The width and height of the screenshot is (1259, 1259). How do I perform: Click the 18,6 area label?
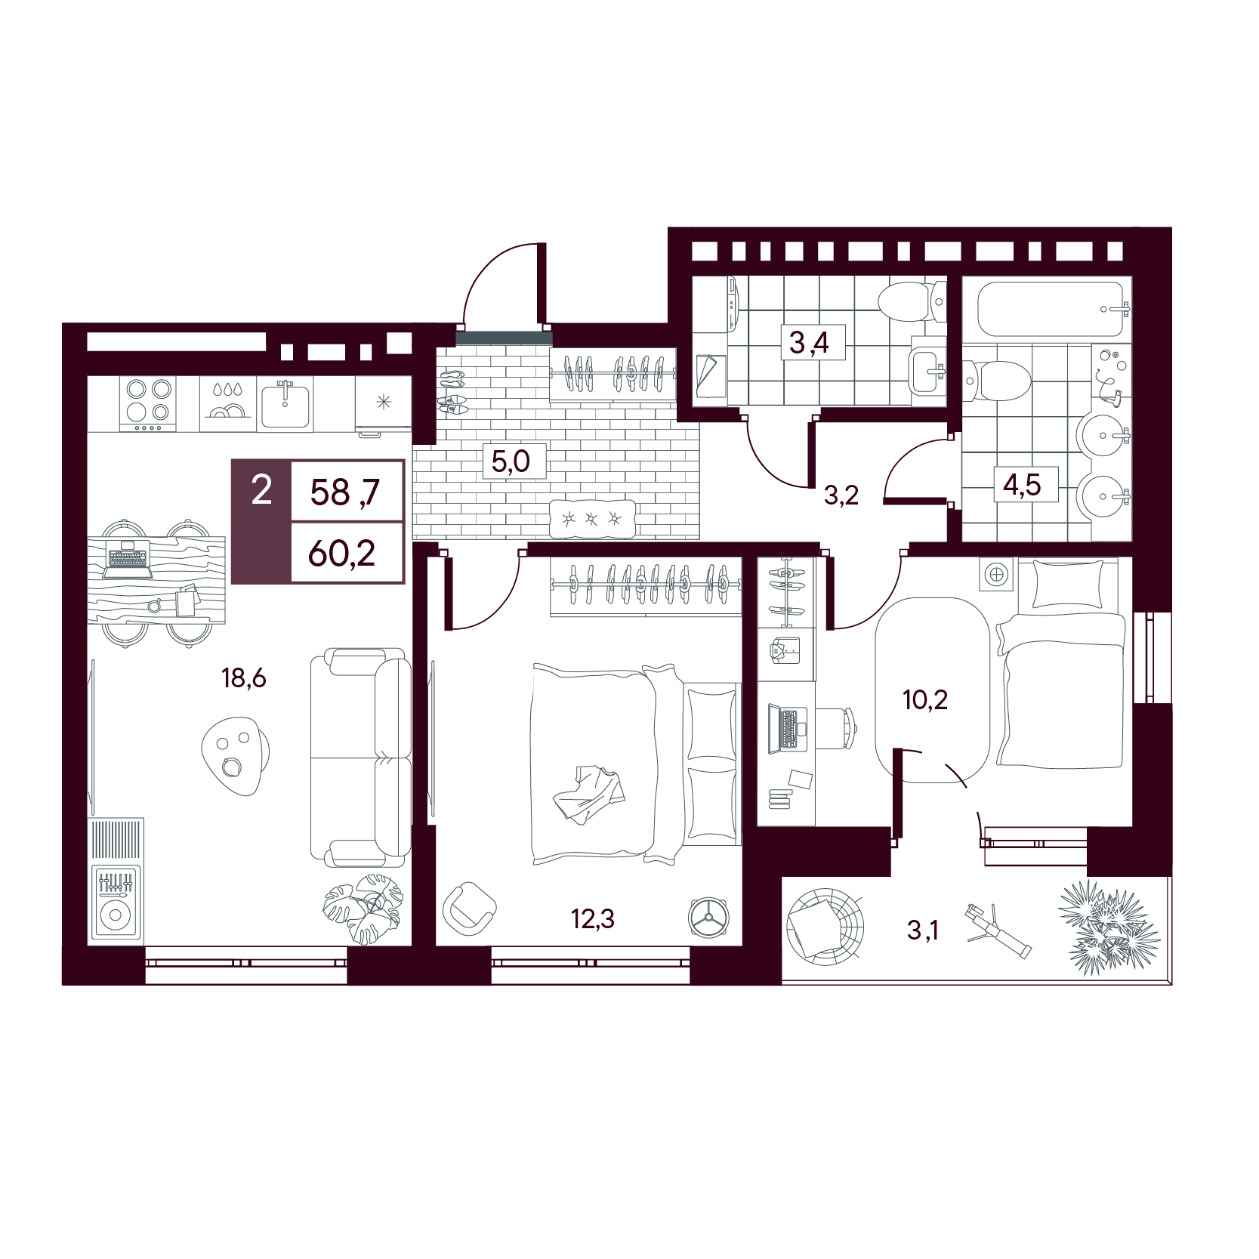244,678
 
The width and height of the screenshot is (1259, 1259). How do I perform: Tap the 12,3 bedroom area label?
593,919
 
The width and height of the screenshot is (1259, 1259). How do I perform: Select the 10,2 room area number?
925,700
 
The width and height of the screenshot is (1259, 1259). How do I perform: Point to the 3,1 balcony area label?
923,930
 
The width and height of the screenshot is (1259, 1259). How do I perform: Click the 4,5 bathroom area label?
1022,484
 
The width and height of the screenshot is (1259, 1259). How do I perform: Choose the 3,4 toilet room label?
809,343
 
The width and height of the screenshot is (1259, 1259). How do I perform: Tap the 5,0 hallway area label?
511,461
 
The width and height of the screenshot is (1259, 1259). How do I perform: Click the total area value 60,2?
342,554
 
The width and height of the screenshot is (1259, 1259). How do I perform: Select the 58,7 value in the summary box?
345,492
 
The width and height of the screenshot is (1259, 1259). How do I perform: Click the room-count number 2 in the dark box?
261,491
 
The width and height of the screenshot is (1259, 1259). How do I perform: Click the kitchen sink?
285,405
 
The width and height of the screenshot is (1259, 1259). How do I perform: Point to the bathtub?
1053,310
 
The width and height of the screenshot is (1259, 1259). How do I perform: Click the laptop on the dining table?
127,560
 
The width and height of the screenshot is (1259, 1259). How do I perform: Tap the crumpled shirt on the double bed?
589,795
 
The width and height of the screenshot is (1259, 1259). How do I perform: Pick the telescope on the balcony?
998,930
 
